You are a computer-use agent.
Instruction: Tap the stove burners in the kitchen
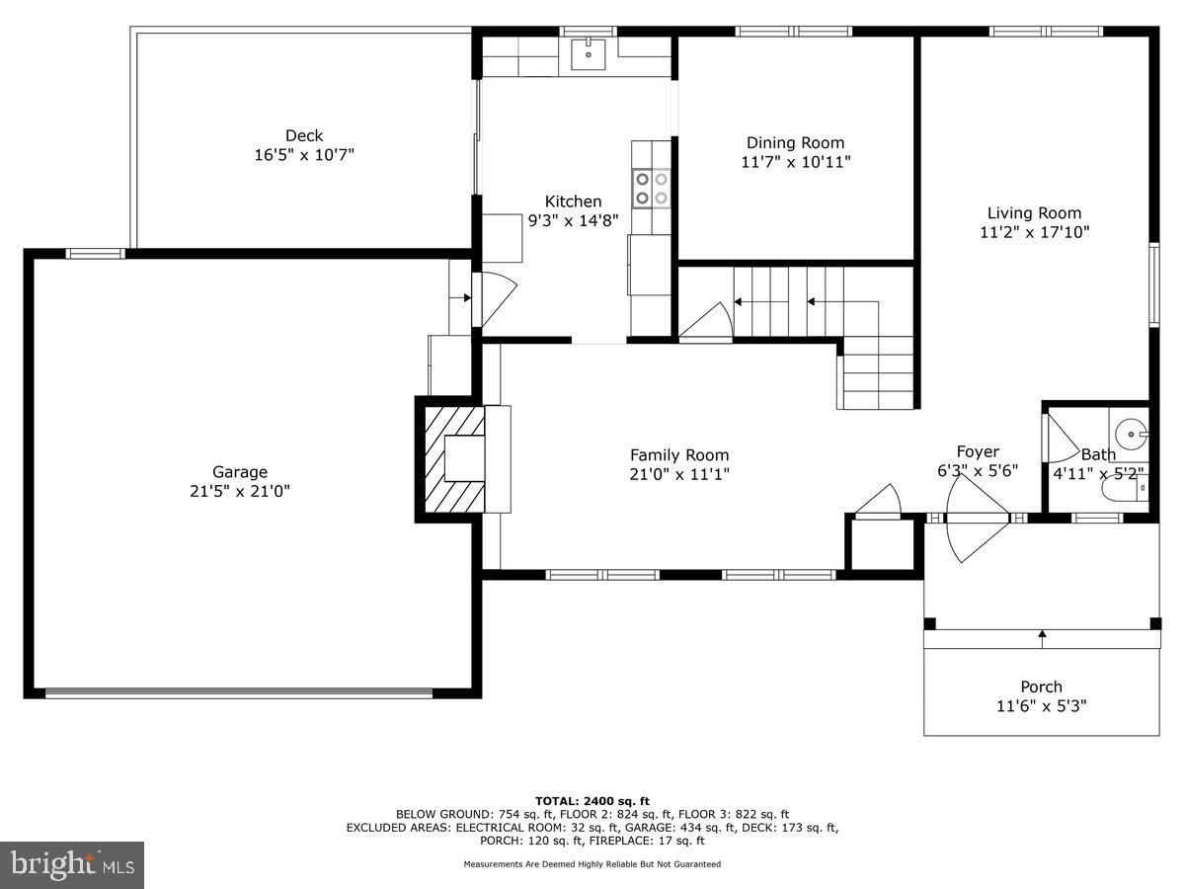652,189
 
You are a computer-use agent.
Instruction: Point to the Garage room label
240,472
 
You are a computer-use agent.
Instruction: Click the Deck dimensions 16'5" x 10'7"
304,155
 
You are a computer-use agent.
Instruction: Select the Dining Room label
795,143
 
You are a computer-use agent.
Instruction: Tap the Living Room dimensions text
1034,232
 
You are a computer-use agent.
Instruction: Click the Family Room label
679,455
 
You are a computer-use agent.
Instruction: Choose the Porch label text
1041,687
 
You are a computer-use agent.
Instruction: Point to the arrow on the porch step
1042,638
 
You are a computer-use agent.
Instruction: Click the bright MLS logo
72,864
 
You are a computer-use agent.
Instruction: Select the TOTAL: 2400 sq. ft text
592,800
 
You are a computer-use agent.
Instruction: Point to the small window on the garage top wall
96,254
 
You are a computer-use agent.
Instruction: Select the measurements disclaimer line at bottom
592,864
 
